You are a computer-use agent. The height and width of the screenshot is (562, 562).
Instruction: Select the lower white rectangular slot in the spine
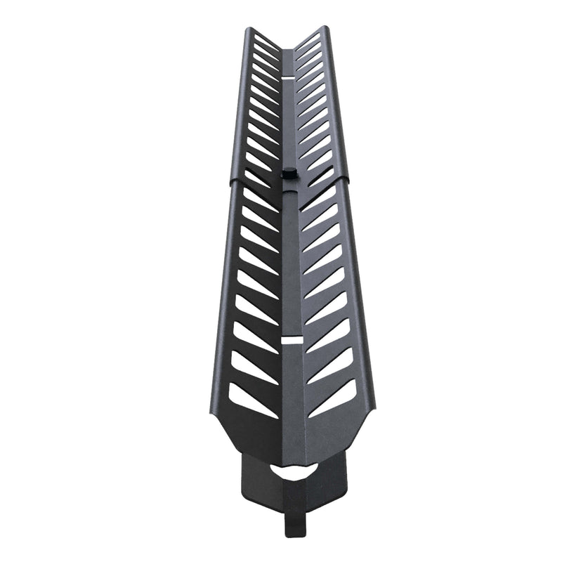291,341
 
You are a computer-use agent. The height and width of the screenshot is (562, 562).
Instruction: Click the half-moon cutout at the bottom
294,471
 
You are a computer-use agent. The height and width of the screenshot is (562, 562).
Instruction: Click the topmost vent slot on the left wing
266,38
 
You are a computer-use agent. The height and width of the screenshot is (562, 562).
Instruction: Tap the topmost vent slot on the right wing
309,38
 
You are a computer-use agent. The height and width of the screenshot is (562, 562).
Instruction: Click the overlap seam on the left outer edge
232,181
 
